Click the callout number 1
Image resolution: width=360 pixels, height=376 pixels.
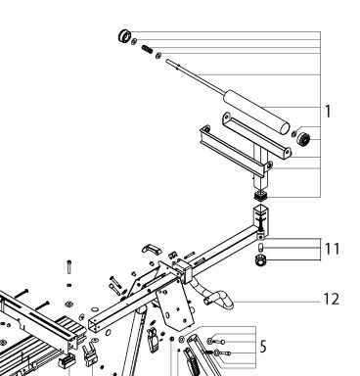328,112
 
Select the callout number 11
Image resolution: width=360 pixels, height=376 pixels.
333,249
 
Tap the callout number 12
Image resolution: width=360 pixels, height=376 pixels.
332,299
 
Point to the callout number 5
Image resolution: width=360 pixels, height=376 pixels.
263,347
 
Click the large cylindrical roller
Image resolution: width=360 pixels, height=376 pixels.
256,112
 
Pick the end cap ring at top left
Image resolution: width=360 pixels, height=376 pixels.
124,35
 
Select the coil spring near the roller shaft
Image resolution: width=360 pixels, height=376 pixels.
147,49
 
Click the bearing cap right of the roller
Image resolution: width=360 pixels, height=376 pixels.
303,139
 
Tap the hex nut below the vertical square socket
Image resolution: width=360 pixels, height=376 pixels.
260,260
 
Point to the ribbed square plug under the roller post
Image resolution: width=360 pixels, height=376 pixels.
260,196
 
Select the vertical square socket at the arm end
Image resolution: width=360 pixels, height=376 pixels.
261,220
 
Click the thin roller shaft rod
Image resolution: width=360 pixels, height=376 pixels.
196,76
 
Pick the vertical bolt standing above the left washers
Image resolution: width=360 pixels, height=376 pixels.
68,267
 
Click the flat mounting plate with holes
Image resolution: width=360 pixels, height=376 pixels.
175,308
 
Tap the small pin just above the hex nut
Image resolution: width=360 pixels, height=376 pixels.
260,247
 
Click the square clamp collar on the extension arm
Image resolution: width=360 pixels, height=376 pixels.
185,270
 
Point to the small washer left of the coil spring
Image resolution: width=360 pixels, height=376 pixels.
134,41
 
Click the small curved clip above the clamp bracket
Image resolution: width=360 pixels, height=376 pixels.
152,249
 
